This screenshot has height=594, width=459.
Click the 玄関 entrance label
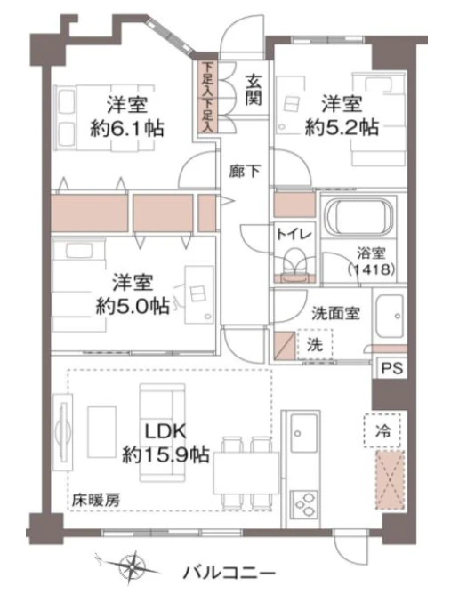click(254, 90)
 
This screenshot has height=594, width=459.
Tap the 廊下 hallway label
click(245, 172)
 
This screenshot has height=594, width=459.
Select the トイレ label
click(294, 235)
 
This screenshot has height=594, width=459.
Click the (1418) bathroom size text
click(371, 269)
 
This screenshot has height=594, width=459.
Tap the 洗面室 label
click(336, 313)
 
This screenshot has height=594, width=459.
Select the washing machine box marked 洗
click(315, 344)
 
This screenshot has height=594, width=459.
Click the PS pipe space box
click(391, 368)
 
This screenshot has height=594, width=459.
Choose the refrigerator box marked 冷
click(382, 430)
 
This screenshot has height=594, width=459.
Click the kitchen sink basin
click(303, 432)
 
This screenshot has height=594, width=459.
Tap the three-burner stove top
click(303, 504)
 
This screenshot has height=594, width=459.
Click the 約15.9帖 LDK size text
click(165, 454)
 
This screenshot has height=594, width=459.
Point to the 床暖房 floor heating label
click(96, 501)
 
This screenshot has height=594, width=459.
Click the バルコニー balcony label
click(229, 573)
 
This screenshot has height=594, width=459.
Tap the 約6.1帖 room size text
click(127, 128)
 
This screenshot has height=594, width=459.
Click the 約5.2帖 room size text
click(342, 127)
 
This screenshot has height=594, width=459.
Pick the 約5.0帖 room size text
click(133, 305)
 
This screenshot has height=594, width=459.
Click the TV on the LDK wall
click(62, 432)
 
